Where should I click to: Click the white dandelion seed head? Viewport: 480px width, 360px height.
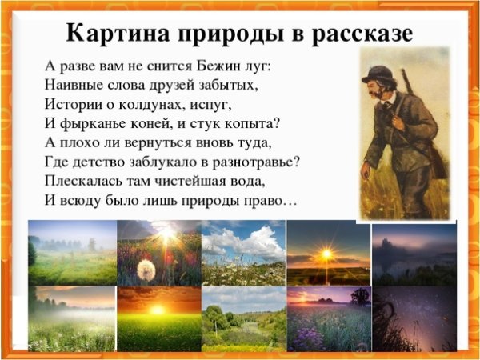pyautogui.click(x=145, y=270)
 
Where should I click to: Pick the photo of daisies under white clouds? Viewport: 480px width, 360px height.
pyautogui.click(x=243, y=253)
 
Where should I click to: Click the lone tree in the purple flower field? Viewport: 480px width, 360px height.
pyautogui.click(x=359, y=296)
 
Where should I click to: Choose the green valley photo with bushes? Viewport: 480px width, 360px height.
pyautogui.click(x=243, y=318)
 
